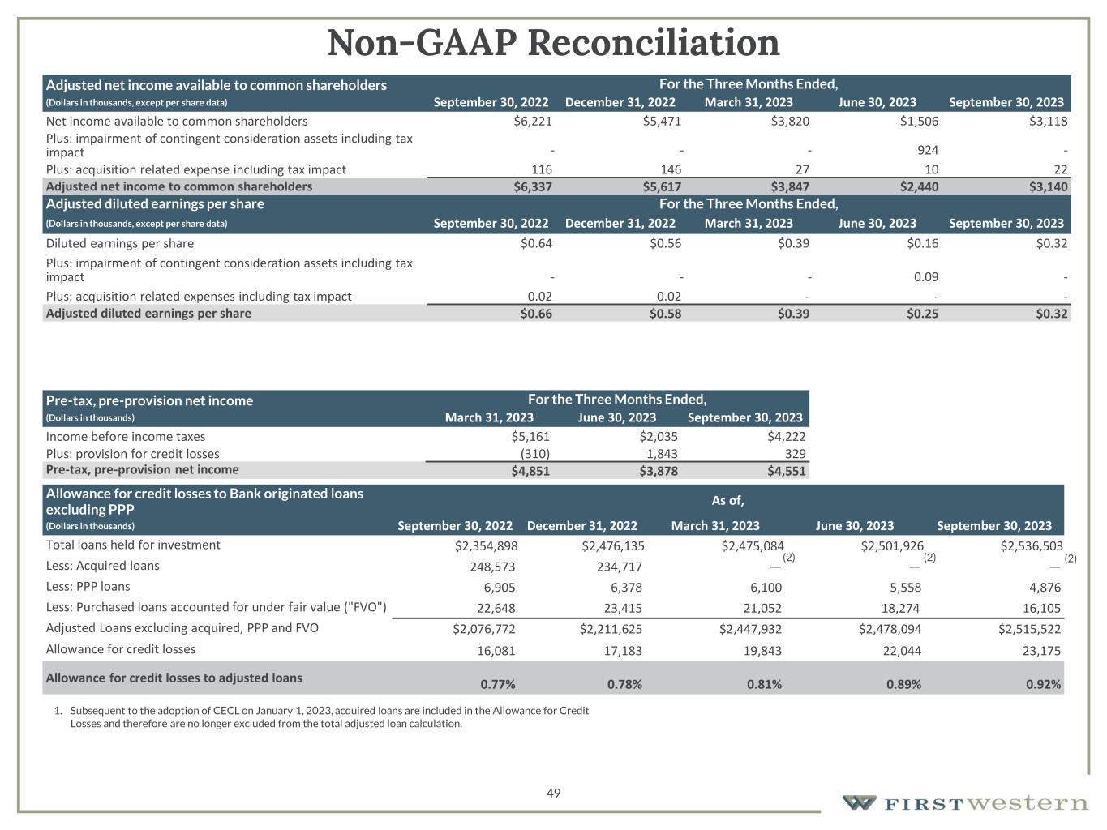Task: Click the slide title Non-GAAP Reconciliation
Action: click(x=553, y=43)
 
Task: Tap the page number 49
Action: click(x=553, y=793)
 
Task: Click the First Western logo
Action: click(x=965, y=802)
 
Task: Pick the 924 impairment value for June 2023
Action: click(x=928, y=150)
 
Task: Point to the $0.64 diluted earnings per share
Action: click(x=536, y=243)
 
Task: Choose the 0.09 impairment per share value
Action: click(x=926, y=277)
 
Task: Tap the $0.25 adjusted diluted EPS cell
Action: click(x=922, y=314)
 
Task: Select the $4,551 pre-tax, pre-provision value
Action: click(x=786, y=471)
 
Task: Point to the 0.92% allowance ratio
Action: click(x=1043, y=684)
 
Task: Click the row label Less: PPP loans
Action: click(x=88, y=586)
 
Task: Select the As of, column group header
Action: click(x=727, y=500)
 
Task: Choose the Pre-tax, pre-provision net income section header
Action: click(x=149, y=400)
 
